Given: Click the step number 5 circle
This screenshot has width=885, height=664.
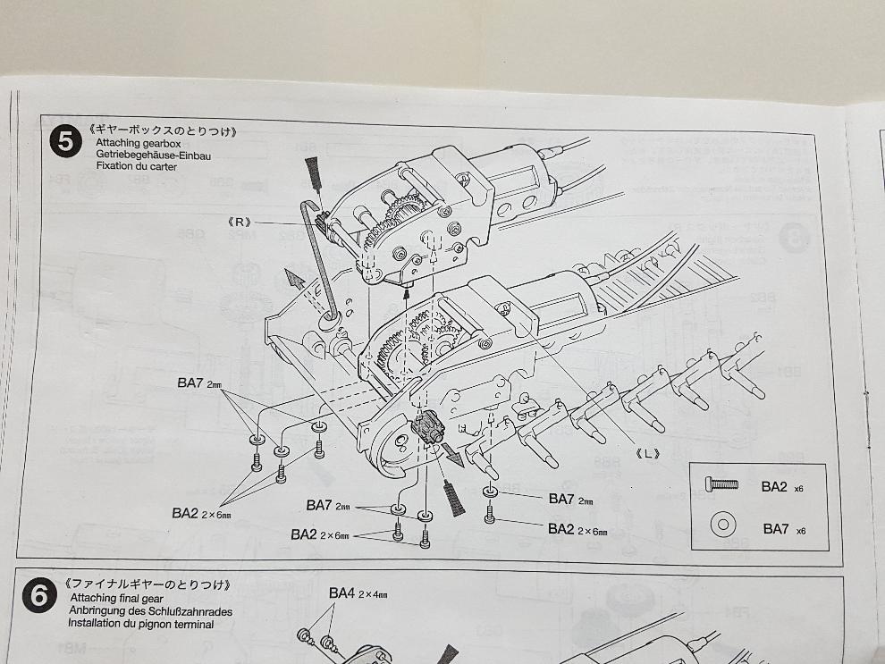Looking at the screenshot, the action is (65, 141).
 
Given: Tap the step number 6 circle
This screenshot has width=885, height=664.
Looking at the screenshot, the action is (39, 595).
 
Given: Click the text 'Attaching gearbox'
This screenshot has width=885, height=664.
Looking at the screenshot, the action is (139, 143).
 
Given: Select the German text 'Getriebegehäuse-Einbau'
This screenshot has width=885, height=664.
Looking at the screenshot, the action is (154, 155).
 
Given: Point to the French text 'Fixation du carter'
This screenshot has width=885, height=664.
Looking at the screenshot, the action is (136, 166).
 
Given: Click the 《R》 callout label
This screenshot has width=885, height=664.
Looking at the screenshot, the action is (240, 223).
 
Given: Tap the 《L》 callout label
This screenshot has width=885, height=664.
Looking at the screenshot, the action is (647, 453).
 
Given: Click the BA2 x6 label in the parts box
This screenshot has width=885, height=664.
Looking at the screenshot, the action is (782, 487).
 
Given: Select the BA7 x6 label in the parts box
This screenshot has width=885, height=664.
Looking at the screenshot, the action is (784, 529).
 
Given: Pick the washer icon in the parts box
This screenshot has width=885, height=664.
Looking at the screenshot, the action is (722, 525).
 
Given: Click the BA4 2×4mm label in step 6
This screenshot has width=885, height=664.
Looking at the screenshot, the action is (358, 593).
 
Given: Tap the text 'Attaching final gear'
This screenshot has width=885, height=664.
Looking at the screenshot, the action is (116, 598).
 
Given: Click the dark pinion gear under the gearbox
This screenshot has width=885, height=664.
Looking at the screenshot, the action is (428, 428).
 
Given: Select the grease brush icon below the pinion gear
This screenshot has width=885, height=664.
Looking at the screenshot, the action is (453, 498).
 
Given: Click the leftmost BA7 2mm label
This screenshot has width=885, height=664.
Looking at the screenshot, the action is (199, 383).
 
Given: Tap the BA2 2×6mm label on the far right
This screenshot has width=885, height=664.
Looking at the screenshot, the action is (577, 529).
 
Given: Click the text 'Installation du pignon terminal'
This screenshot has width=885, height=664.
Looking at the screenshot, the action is (140, 624).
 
